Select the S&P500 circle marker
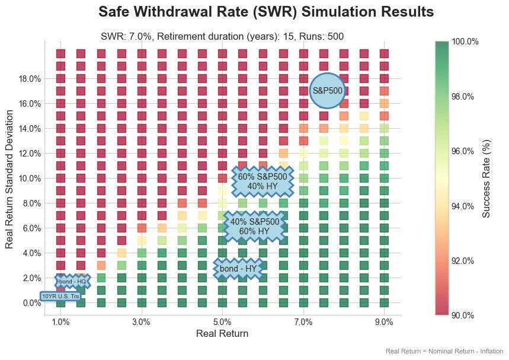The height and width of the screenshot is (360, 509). coord(328,91)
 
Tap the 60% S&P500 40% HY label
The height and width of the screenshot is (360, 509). coord(262,181)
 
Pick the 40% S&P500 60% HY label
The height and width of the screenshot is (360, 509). coord(255,227)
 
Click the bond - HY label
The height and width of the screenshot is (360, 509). coord(238,269)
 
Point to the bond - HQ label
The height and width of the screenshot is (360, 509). coord(73,282)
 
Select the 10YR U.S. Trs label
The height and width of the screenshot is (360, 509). coord(60,296)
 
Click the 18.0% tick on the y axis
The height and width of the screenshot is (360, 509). coord(29,78)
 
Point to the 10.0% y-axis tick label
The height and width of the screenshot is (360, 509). coord(29,178)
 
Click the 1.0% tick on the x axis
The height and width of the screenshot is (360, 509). coord(60,322)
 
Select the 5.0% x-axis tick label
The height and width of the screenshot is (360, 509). coord(222,322)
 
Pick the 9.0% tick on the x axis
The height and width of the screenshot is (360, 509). coord(384,322)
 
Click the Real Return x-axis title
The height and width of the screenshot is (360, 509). coord(222,334)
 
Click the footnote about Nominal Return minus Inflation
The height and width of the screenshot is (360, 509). coord(444,352)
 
